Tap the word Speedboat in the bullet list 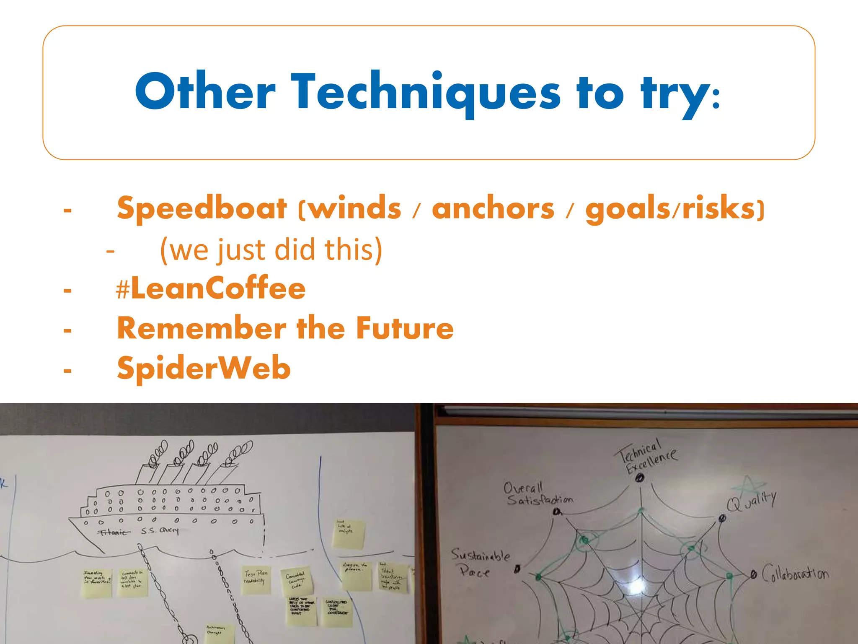202,208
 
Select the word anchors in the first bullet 493,208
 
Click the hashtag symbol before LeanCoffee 122,290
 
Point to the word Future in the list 405,328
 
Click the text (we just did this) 271,250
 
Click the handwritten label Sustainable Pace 479,563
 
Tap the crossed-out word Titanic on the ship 113,532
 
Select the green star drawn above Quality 747,486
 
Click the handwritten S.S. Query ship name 160,531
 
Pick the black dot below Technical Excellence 639,478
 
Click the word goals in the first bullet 628,208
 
